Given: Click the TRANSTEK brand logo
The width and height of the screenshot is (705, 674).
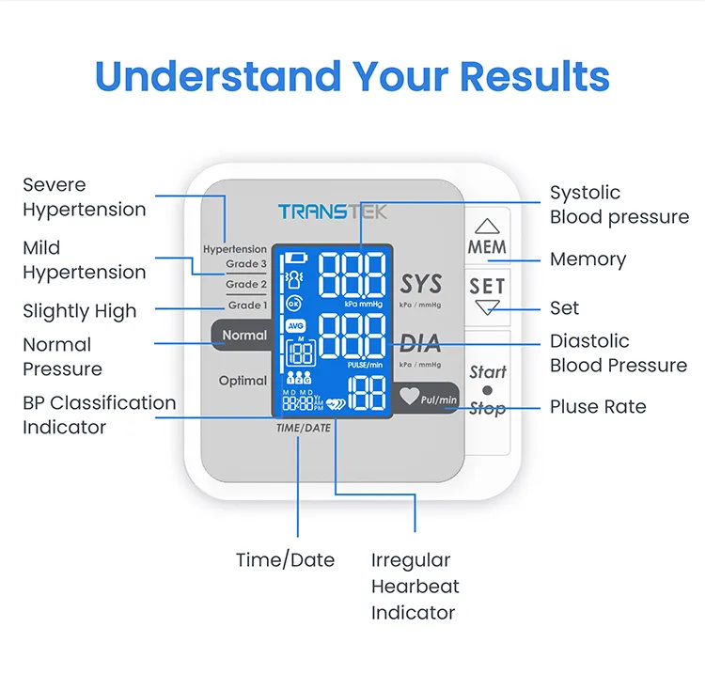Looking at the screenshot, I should pyautogui.click(x=332, y=212).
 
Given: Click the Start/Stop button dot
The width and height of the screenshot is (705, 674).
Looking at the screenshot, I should pyautogui.click(x=487, y=390).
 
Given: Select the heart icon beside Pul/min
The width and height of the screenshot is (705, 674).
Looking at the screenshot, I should pyautogui.click(x=409, y=397).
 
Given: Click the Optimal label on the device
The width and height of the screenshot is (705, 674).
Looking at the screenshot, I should pyautogui.click(x=243, y=381).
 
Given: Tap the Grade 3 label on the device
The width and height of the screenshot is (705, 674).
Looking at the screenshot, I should pyautogui.click(x=246, y=264).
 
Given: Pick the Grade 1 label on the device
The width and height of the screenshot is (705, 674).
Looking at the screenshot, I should pyautogui.click(x=246, y=306).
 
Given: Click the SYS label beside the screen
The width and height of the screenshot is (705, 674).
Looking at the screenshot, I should pyautogui.click(x=420, y=284).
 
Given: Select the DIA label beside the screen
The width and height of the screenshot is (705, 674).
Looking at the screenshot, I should pyautogui.click(x=420, y=344).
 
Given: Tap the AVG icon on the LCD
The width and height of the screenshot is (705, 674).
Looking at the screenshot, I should pyautogui.click(x=295, y=326).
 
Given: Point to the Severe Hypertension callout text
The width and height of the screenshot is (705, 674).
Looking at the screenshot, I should pyautogui.click(x=84, y=197).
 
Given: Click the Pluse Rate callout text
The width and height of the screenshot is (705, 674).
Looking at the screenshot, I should pyautogui.click(x=598, y=407).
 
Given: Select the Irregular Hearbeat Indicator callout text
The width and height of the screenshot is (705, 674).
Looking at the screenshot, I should pyautogui.click(x=415, y=587).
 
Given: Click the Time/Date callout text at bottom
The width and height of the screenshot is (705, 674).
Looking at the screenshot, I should pyautogui.click(x=285, y=560).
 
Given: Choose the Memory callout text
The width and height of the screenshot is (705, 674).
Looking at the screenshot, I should pyautogui.click(x=587, y=259).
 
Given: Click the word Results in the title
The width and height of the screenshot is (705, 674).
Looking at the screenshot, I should pyautogui.click(x=519, y=76).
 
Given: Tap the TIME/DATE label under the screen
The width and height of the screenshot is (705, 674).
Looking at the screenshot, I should pyautogui.click(x=304, y=428).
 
